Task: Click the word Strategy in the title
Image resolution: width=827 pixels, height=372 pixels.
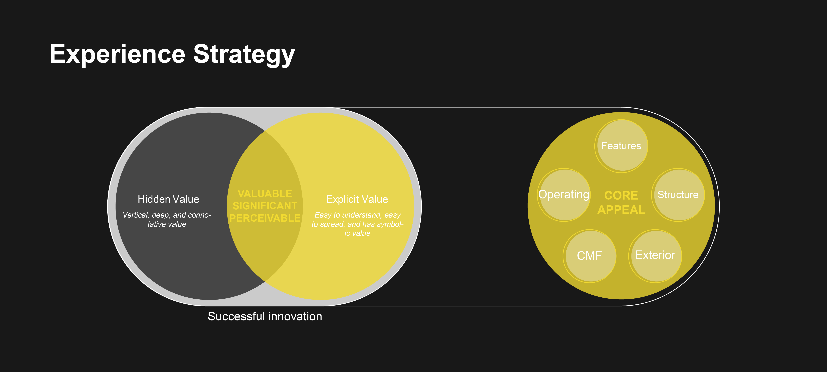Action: click(x=244, y=55)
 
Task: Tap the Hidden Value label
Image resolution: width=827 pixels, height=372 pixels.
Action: click(x=168, y=199)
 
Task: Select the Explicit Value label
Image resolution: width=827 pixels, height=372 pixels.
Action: click(x=357, y=199)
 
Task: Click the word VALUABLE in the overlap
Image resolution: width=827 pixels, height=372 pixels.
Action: click(x=265, y=194)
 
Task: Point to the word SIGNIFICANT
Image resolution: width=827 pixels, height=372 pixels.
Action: click(x=265, y=206)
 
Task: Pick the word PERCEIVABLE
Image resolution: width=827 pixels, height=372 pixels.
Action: click(x=265, y=218)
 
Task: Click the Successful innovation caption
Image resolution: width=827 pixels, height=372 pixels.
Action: click(x=265, y=316)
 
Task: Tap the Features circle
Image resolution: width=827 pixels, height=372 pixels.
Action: click(x=621, y=146)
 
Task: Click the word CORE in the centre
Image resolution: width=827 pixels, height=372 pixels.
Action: click(x=621, y=196)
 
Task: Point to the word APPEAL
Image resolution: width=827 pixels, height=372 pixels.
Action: click(x=621, y=210)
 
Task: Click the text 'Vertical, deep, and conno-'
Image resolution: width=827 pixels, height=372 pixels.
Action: click(x=167, y=215)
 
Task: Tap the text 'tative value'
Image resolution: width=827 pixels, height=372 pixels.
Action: click(x=167, y=224)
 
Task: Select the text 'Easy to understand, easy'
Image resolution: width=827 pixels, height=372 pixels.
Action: click(x=357, y=215)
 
